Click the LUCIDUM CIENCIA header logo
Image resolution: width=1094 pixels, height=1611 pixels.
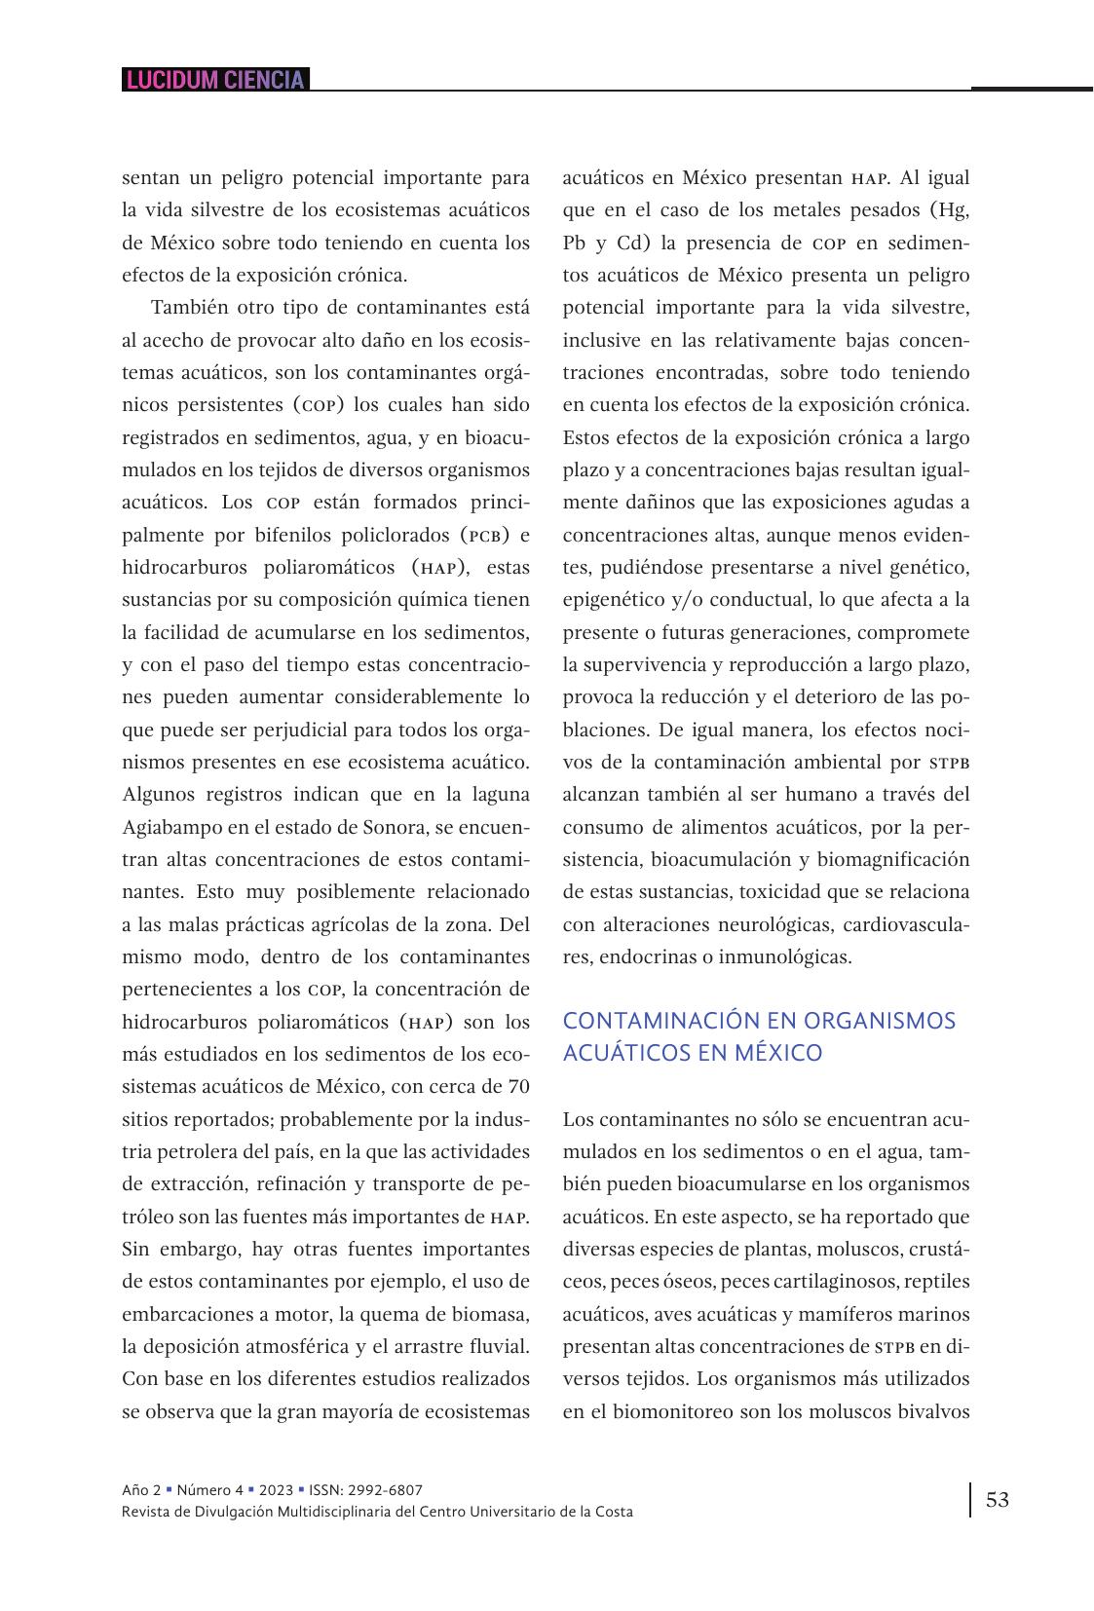215,80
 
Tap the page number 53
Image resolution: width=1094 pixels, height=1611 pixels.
998,1499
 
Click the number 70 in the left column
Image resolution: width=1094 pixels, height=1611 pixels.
519,1086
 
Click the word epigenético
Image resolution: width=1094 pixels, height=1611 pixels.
616,599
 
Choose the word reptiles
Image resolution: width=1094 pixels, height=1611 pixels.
932,1281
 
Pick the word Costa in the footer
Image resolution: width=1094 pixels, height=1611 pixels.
613,1512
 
